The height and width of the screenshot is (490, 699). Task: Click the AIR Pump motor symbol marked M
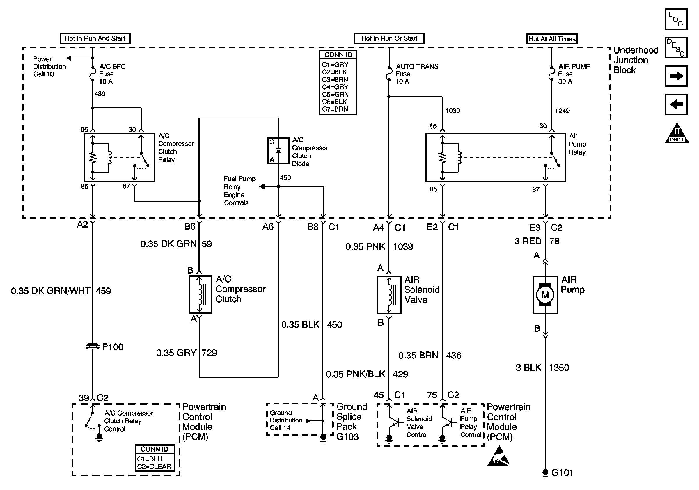pyautogui.click(x=545, y=294)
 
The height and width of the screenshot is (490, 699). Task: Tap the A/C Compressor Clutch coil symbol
pyautogui.click(x=201, y=294)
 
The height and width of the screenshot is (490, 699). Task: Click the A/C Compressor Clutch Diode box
pyautogui.click(x=278, y=151)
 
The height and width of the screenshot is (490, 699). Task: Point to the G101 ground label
pyautogui.click(x=562, y=473)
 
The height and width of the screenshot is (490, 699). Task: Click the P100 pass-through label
pyautogui.click(x=112, y=347)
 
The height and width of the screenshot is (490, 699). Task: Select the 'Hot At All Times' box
pyautogui.click(x=552, y=39)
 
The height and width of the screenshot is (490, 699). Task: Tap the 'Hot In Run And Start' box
pyautogui.click(x=95, y=38)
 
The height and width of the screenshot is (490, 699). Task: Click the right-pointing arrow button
pyautogui.click(x=676, y=76)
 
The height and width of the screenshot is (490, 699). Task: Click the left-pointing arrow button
pyautogui.click(x=676, y=104)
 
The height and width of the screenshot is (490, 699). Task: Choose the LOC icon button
pyautogui.click(x=676, y=19)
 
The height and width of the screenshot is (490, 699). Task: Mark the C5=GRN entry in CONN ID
pyautogui.click(x=335, y=94)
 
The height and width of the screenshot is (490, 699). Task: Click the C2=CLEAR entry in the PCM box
pyautogui.click(x=154, y=466)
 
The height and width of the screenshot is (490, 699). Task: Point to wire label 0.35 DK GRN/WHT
pyautogui.click(x=51, y=291)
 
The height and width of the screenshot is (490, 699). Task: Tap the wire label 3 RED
pyautogui.click(x=528, y=241)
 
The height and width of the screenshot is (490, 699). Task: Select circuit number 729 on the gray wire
pyautogui.click(x=209, y=353)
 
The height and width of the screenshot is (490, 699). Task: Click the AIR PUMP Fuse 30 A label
pyautogui.click(x=574, y=74)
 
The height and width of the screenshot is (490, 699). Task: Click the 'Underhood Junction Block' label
pyautogui.click(x=636, y=60)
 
